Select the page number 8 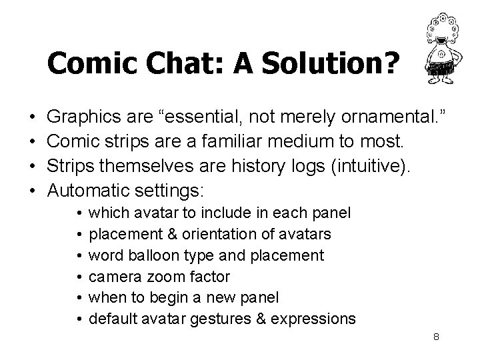point(436,337)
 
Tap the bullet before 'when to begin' point(79,297)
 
